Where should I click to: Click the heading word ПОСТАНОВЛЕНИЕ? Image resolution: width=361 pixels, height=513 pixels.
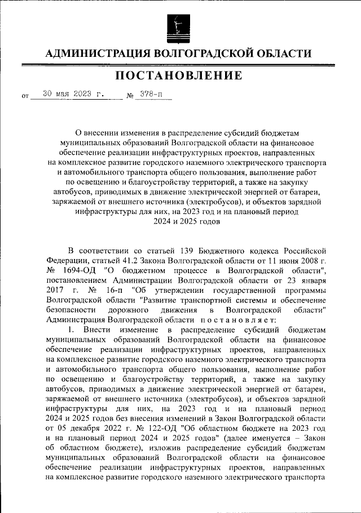(180, 75)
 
